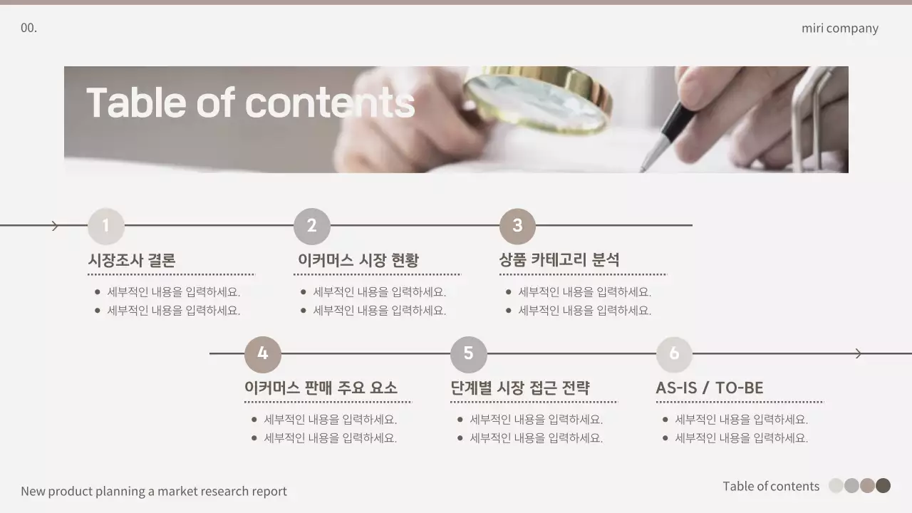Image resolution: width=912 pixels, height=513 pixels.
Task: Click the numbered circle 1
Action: pyautogui.click(x=106, y=226)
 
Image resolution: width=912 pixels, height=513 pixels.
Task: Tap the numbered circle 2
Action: pyautogui.click(x=312, y=226)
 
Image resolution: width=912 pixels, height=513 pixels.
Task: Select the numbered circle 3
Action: pyautogui.click(x=517, y=226)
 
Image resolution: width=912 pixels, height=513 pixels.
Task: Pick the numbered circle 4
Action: pyautogui.click(x=263, y=353)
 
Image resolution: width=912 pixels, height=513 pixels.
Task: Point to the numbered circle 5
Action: pyautogui.click(x=468, y=353)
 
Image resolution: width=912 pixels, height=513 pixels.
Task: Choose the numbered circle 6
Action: pyautogui.click(x=674, y=353)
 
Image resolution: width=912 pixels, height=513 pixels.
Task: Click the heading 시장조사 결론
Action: pyautogui.click(x=132, y=261)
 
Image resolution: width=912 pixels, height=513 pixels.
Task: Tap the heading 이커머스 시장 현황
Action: pyautogui.click(x=358, y=261)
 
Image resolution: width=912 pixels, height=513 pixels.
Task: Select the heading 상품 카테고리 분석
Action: pyautogui.click(x=559, y=261)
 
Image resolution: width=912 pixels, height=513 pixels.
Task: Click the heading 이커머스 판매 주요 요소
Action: pyautogui.click(x=321, y=388)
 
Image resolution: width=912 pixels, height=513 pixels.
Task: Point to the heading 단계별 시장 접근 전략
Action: pyautogui.click(x=520, y=388)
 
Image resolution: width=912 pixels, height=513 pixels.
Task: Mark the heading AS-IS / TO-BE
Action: pyautogui.click(x=710, y=388)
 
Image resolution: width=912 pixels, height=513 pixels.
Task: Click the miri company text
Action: pyautogui.click(x=839, y=28)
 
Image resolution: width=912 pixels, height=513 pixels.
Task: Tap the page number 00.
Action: pyautogui.click(x=28, y=28)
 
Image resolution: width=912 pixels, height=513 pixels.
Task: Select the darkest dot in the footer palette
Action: pyautogui.click(x=883, y=486)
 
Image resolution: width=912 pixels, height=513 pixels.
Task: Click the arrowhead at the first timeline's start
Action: pyautogui.click(x=55, y=226)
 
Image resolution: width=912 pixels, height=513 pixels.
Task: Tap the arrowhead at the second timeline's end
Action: pyautogui.click(x=859, y=353)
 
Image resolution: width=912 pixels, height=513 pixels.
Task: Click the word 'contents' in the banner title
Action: pyautogui.click(x=330, y=103)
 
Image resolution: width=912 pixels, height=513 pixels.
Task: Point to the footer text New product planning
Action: pyautogui.click(x=153, y=491)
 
